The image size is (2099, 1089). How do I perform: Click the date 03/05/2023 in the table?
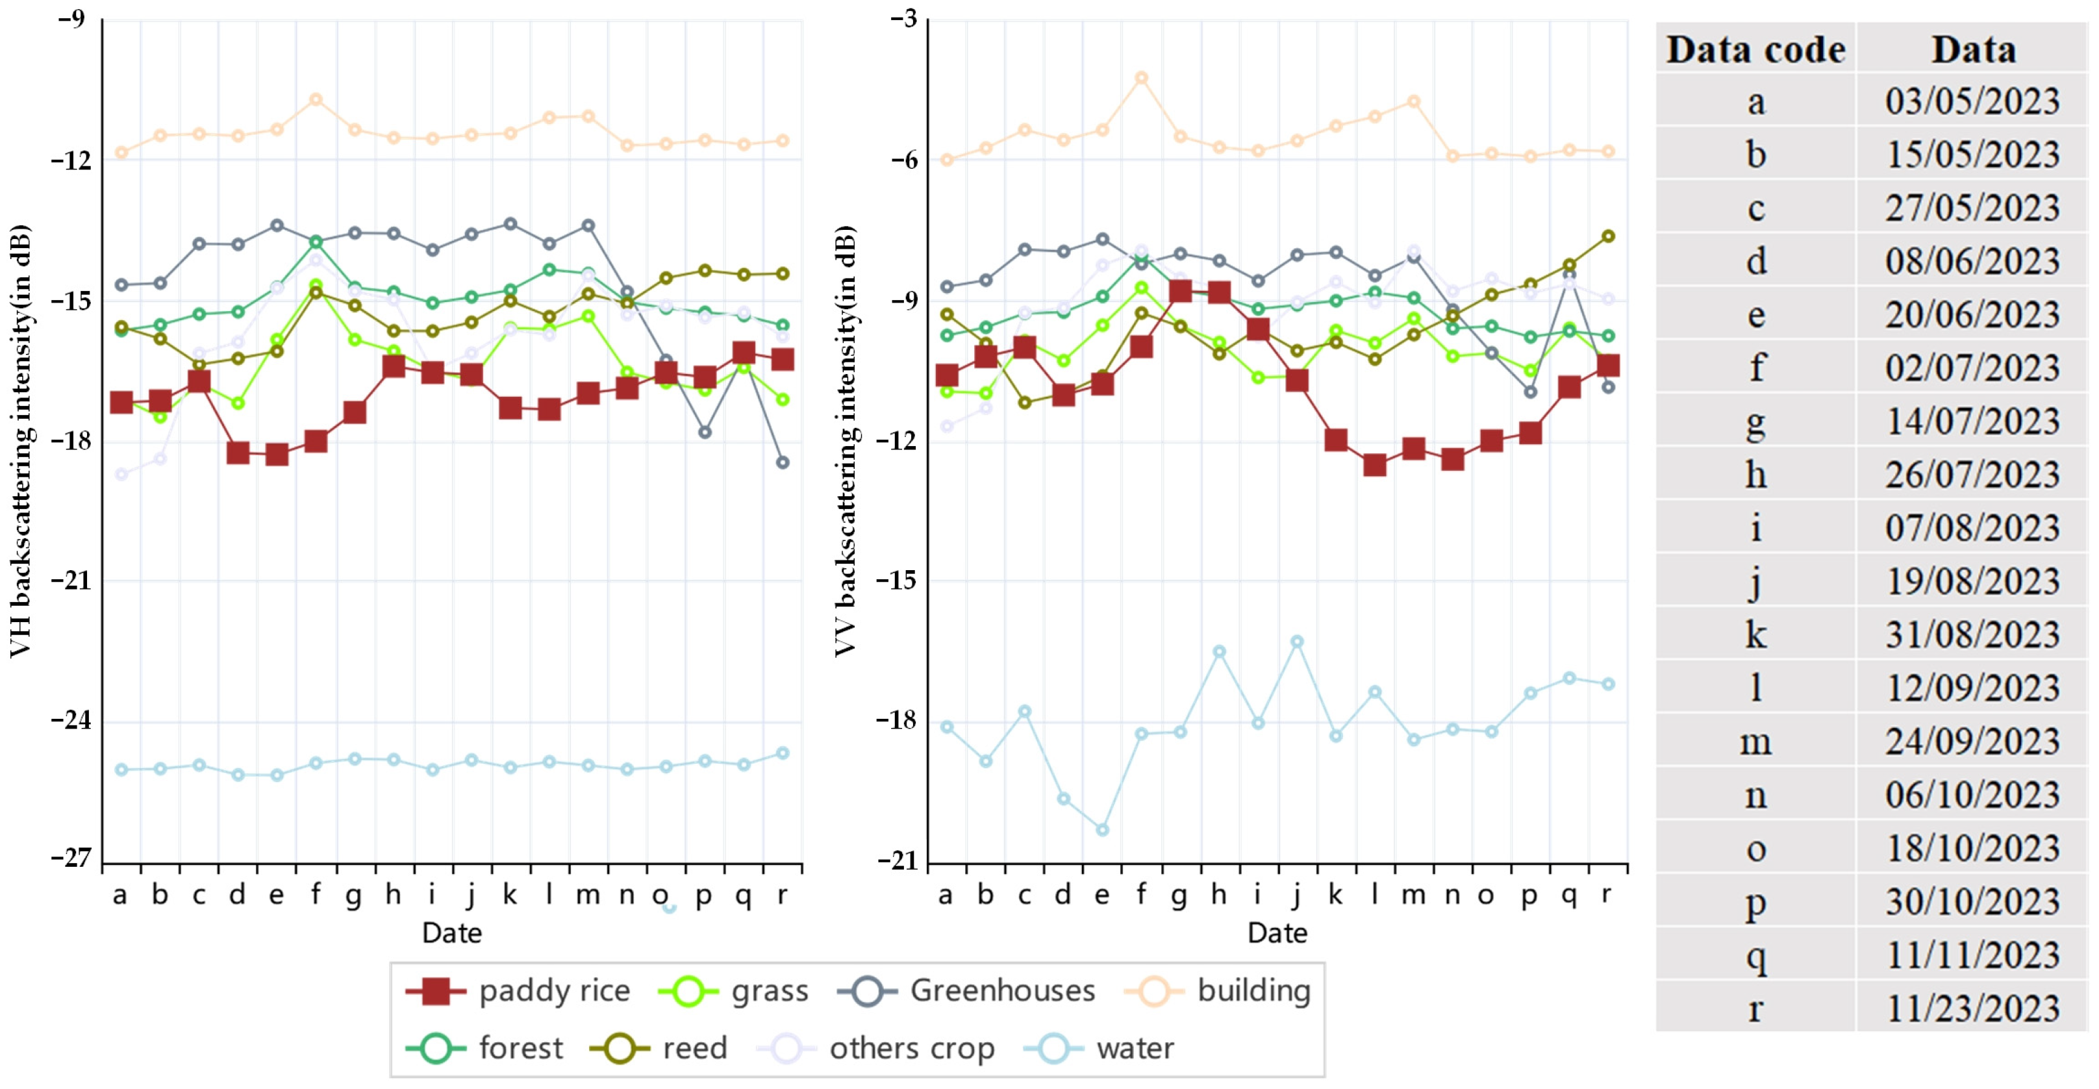click(x=1972, y=101)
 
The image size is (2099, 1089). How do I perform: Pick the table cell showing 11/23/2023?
click(x=1972, y=1008)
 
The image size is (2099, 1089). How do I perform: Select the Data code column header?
click(x=1755, y=50)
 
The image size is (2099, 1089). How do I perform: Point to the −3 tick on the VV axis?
click(x=903, y=19)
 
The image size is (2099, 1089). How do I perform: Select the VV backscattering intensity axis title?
click(x=845, y=440)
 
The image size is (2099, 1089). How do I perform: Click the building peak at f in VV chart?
click(x=1142, y=78)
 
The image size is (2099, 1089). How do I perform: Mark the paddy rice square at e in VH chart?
click(x=277, y=455)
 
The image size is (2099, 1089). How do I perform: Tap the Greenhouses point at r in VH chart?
click(x=782, y=462)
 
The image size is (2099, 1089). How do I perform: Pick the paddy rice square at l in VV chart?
click(x=1375, y=465)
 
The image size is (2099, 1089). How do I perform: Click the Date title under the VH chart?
click(x=451, y=933)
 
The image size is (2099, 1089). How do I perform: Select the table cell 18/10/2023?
click(x=1972, y=849)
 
